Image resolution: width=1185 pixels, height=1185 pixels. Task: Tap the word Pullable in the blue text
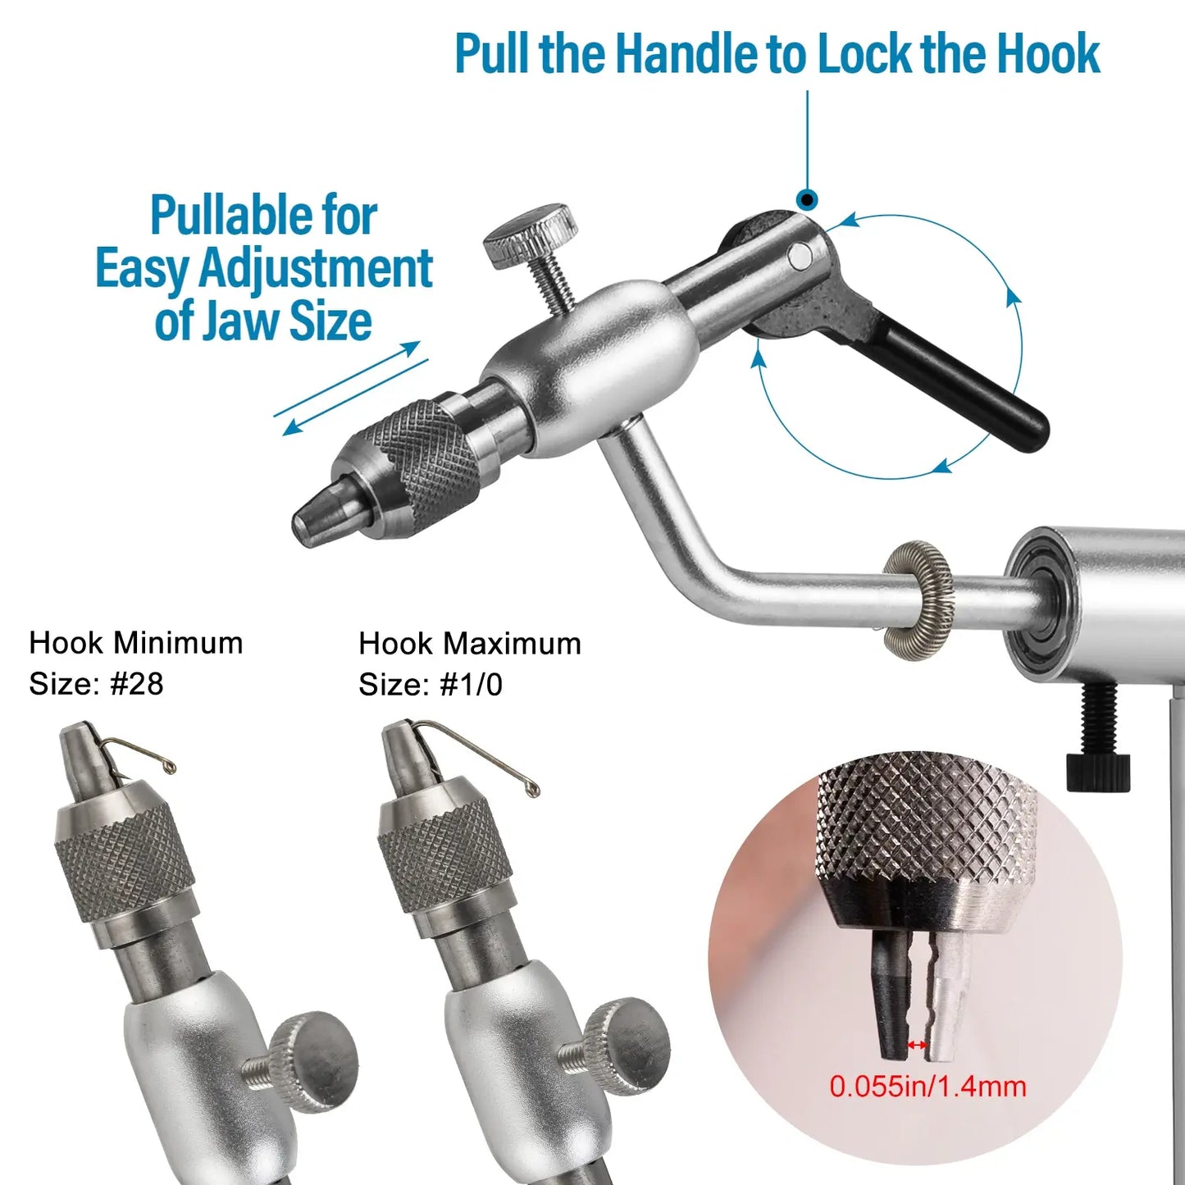[x=264, y=216]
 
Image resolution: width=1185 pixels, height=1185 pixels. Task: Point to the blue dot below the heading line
[x=807, y=199]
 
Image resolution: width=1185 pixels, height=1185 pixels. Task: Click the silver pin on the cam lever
[x=800, y=257]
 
